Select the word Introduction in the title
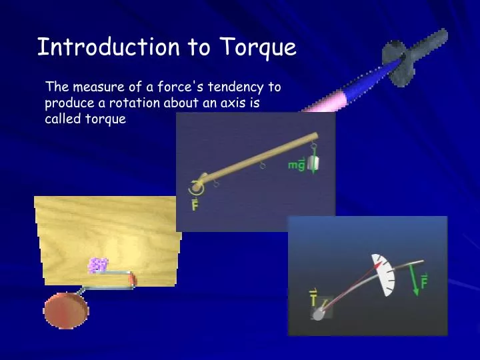107,47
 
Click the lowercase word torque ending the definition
105,120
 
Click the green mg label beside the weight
297,164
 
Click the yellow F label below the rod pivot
195,205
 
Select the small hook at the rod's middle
263,165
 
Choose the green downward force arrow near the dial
415,281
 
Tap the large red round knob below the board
65,311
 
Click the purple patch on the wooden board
98,265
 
